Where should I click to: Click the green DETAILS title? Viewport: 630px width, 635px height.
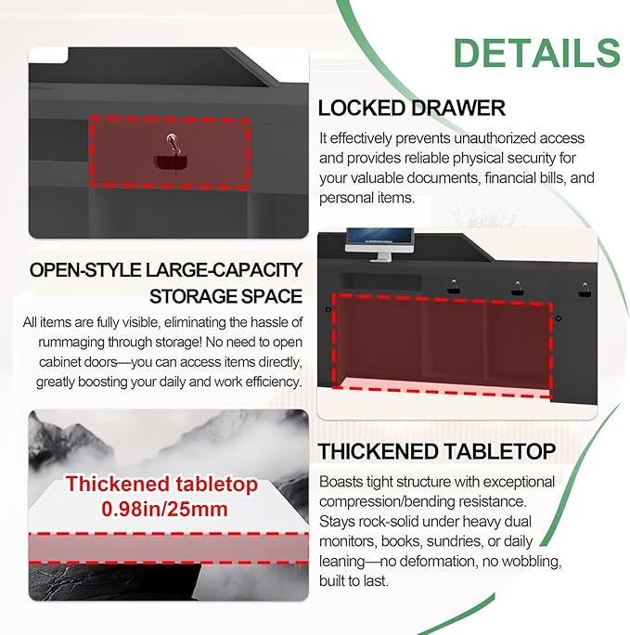tap(536, 53)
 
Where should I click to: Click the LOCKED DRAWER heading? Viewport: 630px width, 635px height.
tap(412, 108)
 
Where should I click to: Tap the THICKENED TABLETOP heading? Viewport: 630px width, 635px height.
tap(437, 451)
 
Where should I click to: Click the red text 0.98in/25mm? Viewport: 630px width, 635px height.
tap(164, 509)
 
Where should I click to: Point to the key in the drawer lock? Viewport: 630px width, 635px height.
tap(174, 145)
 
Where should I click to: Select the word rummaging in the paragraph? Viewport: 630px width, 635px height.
tap(72, 343)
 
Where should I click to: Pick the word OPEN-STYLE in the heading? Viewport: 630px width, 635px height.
tap(85, 270)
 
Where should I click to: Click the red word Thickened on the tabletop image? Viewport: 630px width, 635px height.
tap(117, 484)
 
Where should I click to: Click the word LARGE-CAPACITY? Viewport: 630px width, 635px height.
tap(225, 270)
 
